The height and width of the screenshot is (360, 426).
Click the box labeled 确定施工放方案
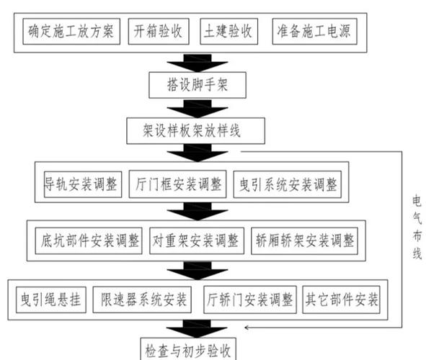click(x=71, y=32)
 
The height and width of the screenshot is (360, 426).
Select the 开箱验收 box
click(x=158, y=32)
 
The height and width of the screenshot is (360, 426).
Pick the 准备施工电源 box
click(x=315, y=32)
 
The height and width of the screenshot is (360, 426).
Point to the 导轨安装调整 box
click(x=80, y=183)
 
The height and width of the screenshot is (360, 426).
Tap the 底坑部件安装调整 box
click(x=90, y=240)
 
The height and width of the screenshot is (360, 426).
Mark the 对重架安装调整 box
click(x=197, y=240)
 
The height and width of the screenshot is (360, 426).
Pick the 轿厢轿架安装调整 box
click(x=303, y=240)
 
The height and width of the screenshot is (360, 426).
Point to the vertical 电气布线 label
click(x=417, y=227)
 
